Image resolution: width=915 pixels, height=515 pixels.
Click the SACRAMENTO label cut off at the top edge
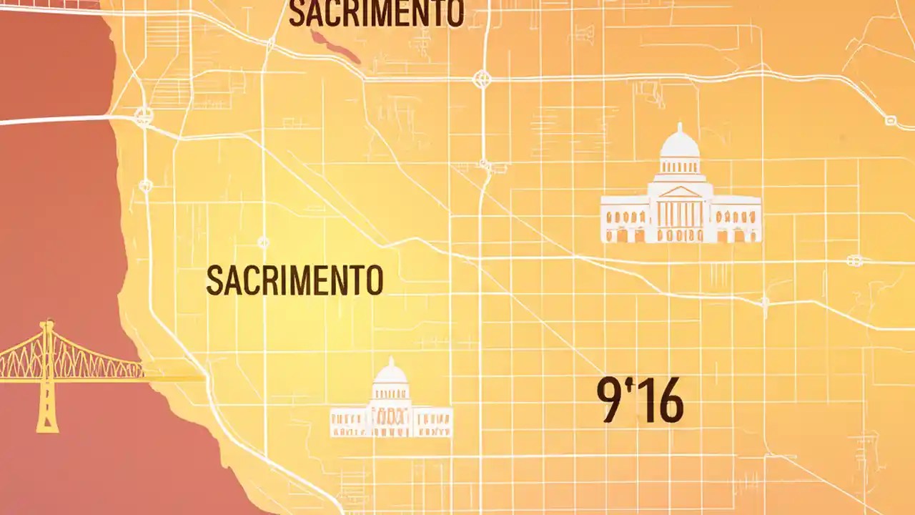pos(376,14)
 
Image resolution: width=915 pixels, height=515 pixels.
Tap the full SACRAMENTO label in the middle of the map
pos(295,280)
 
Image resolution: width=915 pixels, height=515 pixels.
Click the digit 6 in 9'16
pos(671,403)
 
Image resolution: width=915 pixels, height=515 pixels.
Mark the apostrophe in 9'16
pos(629,387)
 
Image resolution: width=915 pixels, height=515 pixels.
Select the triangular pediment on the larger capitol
pos(679,192)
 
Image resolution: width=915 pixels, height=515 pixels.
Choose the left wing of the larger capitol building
pos(623,219)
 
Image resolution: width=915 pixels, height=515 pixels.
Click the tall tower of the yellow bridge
pos(48,376)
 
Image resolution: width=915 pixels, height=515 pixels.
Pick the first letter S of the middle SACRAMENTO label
pos(212,280)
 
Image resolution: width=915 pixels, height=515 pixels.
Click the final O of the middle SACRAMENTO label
pos(375,280)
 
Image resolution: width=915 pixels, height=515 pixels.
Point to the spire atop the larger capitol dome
pos(679,127)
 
